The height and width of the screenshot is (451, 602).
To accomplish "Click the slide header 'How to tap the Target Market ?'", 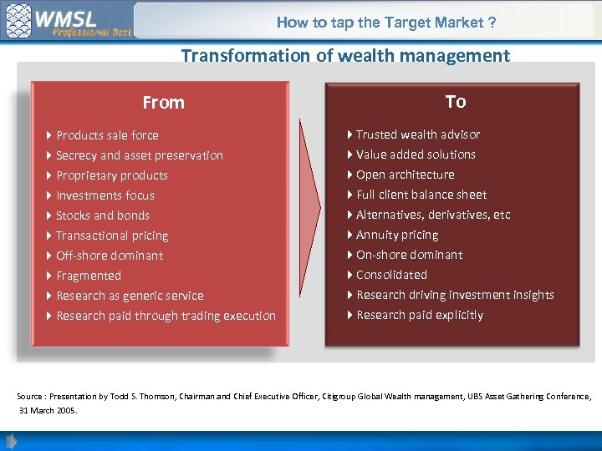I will [x=386, y=23].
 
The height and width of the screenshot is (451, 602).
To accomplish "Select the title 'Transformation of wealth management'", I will [x=344, y=56].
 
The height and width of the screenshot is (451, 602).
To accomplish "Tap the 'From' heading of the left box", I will [x=163, y=103].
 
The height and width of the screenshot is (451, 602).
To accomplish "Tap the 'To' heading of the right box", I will [x=455, y=102].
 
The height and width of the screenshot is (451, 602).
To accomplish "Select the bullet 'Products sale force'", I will [x=107, y=135].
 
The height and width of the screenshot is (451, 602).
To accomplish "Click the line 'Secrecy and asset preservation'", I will [x=139, y=155].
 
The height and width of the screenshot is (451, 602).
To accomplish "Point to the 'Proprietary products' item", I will [x=111, y=175].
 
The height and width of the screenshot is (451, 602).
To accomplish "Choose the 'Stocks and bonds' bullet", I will [x=102, y=215].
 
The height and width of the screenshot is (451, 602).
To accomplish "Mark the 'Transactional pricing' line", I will [x=112, y=236].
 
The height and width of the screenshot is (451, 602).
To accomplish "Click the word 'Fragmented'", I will [x=89, y=276].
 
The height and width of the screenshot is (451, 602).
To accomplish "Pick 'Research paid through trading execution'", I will [x=166, y=316].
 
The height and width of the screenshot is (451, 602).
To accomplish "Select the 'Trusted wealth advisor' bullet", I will [x=417, y=134].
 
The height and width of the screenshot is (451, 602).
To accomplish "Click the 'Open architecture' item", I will [x=405, y=175].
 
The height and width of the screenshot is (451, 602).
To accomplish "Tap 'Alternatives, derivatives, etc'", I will [x=432, y=215].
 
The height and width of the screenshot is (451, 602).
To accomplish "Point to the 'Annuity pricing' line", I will [x=396, y=235].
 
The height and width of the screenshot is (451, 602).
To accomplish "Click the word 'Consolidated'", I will [x=391, y=275].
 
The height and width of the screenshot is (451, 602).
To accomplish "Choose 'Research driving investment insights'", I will [x=455, y=295].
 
